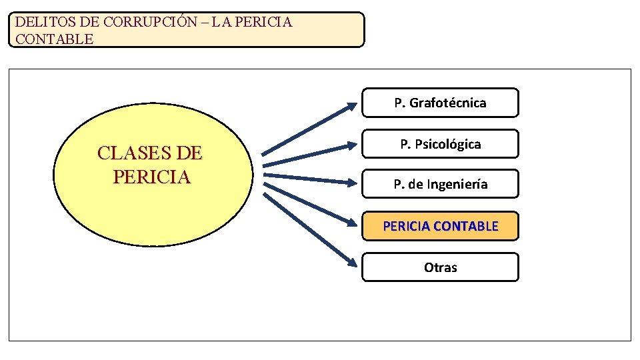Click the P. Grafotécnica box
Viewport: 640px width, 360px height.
440,103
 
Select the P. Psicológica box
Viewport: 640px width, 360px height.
440,144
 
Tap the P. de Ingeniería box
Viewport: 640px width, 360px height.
440,184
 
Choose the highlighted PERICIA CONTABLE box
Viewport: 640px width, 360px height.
440,226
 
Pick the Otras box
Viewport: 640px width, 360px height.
440,267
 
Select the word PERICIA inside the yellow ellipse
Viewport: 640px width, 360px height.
152,177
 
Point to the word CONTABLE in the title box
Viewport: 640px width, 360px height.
55,39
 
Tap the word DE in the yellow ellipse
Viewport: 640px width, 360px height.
187,154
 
